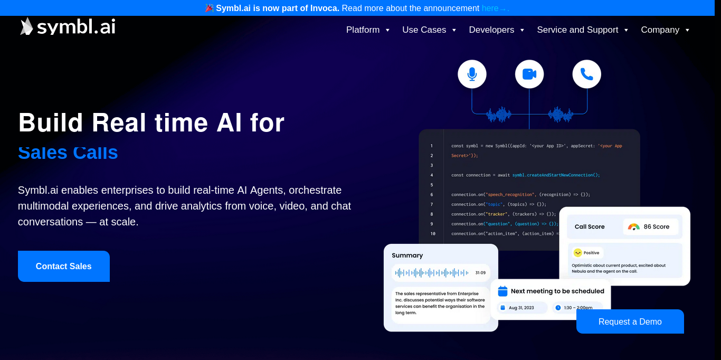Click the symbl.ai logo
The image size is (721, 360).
(x=68, y=26)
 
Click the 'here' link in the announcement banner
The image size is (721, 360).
(x=490, y=8)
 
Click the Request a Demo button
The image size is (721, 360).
(x=630, y=321)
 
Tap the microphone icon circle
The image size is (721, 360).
(x=472, y=74)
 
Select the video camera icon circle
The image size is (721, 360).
(x=529, y=74)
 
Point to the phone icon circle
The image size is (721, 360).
(x=586, y=74)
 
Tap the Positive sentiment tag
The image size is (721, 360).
(x=587, y=253)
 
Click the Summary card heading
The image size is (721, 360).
(x=407, y=255)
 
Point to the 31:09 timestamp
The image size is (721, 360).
(x=480, y=273)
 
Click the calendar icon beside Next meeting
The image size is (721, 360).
(x=502, y=291)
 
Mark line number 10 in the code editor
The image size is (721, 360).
(x=433, y=233)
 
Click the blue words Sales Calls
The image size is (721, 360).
(x=68, y=153)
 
